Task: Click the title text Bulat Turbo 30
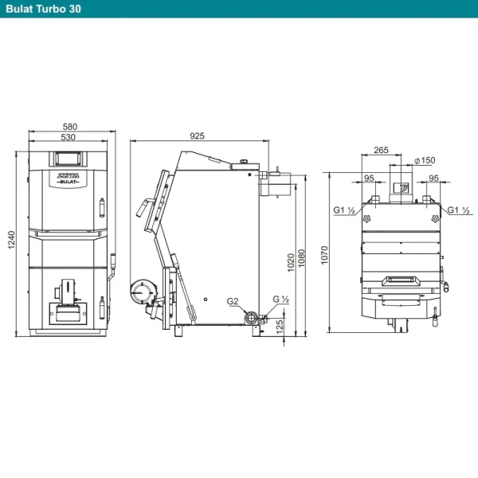[x=43, y=9]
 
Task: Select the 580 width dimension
[x=70, y=126]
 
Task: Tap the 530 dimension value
[x=68, y=137]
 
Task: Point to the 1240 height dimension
[x=11, y=240]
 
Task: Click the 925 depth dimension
[x=197, y=135]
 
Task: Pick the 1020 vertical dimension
[x=291, y=262]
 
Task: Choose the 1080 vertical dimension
[x=301, y=258]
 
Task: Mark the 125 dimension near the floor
[x=280, y=327]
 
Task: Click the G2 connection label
[x=233, y=301]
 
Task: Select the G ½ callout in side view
[x=280, y=299]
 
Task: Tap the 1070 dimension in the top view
[x=324, y=255]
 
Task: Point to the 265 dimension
[x=381, y=150]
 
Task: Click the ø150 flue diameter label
[x=425, y=160]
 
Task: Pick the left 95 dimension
[x=369, y=178]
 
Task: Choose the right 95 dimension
[x=433, y=178]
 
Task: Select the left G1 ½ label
[x=344, y=210]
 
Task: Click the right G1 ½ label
[x=459, y=210]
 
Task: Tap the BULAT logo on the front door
[x=69, y=182]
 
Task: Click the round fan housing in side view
[x=141, y=292]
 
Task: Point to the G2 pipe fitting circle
[x=251, y=318]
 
